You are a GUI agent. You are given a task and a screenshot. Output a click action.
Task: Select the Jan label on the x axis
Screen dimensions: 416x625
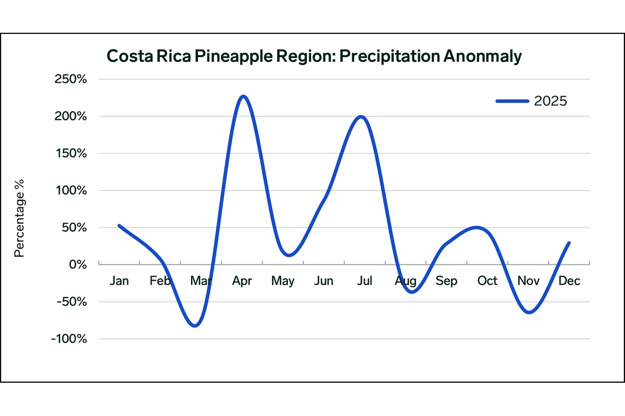pos(119,281)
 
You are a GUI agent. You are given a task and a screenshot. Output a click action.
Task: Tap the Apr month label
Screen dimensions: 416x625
pos(242,281)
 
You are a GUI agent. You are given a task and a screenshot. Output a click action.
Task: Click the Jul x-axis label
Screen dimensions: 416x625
pos(365,281)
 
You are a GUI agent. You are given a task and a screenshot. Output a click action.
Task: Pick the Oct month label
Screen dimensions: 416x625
pos(488,281)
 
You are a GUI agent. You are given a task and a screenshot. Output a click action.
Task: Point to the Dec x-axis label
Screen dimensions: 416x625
pos(569,281)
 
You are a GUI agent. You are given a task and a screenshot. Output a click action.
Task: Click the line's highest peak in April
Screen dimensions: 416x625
pos(243,96)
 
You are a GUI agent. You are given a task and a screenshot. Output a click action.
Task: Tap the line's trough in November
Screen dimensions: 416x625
pos(529,313)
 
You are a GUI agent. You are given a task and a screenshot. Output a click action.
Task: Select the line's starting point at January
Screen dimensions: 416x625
pos(119,226)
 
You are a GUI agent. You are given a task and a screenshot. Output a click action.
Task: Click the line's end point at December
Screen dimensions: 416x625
pos(569,243)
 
